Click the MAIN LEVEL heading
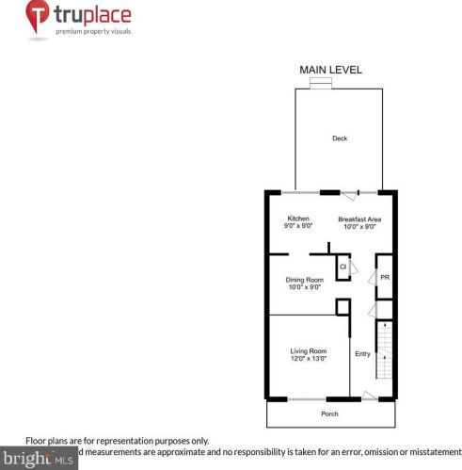point(330,70)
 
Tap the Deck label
point(340,138)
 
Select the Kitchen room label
point(298,219)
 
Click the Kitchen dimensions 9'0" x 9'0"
point(297,227)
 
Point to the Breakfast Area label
point(359,219)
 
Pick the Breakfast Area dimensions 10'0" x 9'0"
point(359,227)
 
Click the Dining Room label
point(305,279)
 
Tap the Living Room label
point(308,351)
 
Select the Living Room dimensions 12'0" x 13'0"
point(308,360)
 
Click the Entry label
point(362,354)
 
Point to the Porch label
point(329,413)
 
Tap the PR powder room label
point(384,277)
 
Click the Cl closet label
point(343,267)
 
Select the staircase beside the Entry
point(384,348)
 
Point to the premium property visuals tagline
point(93,31)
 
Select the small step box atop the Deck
point(321,83)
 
